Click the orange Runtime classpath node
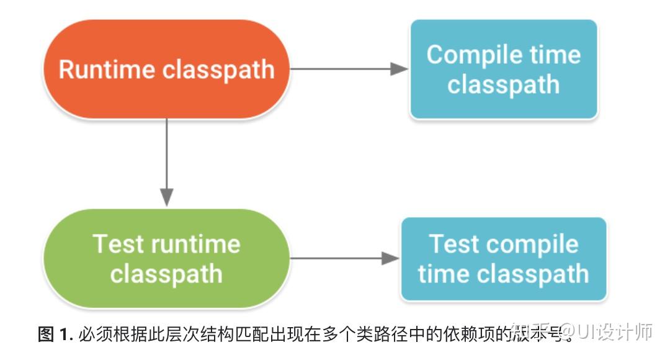pyautogui.click(x=166, y=69)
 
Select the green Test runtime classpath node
pyautogui.click(x=166, y=258)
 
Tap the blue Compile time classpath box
pyautogui.click(x=503, y=69)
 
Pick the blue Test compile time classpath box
pyautogui.click(x=503, y=259)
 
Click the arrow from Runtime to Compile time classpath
pyautogui.click(x=347, y=69)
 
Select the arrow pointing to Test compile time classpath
pyautogui.click(x=344, y=258)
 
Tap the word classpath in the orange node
pyautogui.click(x=218, y=69)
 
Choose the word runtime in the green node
pyautogui.click(x=196, y=243)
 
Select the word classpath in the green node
pyautogui.click(x=166, y=274)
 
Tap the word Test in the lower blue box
pyautogui.click(x=454, y=244)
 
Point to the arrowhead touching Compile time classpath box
pyautogui.click(x=400, y=69)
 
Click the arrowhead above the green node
pyautogui.click(x=166, y=196)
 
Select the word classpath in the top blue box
pyautogui.click(x=503, y=84)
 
